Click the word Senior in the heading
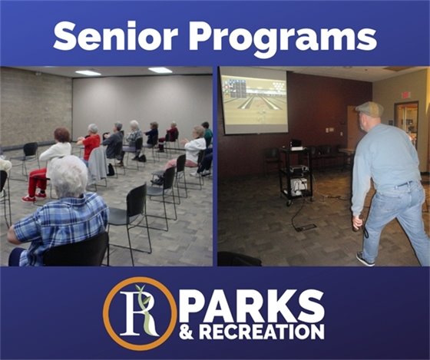tap(106, 35)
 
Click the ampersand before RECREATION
tap(195, 331)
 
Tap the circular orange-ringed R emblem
tap(139, 312)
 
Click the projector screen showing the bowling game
tap(253, 103)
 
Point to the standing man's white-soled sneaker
tap(365, 259)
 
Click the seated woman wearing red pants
tap(48, 165)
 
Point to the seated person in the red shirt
tap(92, 142)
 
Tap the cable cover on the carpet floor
tap(305, 227)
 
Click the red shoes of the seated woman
tap(29, 198)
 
